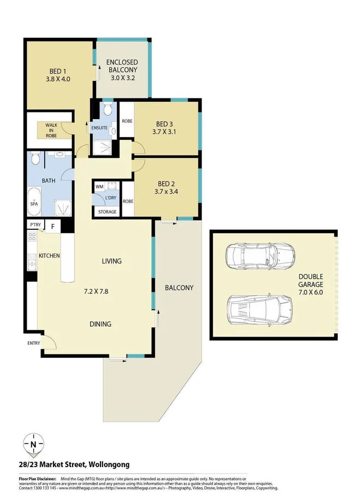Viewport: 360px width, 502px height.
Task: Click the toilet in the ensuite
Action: click(108, 110)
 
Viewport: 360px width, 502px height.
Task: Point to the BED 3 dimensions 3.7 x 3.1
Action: click(165, 132)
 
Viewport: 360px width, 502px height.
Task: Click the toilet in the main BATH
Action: click(34, 159)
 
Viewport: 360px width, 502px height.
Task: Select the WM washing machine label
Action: click(99, 187)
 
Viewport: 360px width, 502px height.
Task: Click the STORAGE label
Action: click(107, 212)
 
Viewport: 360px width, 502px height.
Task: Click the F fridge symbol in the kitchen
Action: click(53, 226)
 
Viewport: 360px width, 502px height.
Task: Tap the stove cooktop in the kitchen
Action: click(32, 238)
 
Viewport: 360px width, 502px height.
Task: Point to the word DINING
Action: click(101, 324)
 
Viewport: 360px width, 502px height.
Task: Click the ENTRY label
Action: click(34, 343)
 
